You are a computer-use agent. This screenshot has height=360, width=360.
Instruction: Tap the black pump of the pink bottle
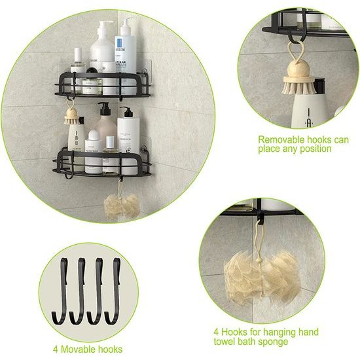click(103, 106)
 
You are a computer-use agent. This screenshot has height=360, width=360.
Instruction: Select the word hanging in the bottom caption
click(285, 333)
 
